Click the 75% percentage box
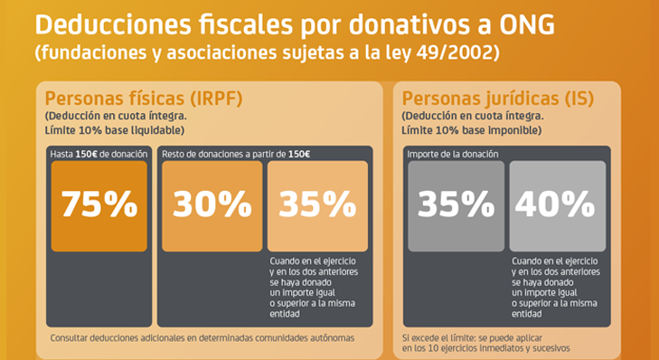[x=99, y=205]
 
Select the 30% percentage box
[x=212, y=205]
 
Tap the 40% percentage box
[x=558, y=205]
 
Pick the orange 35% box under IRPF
[x=317, y=205]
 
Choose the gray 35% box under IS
[x=456, y=205]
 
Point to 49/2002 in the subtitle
[x=465, y=53]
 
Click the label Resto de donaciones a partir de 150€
[x=236, y=154]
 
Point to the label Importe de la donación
[x=453, y=154]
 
